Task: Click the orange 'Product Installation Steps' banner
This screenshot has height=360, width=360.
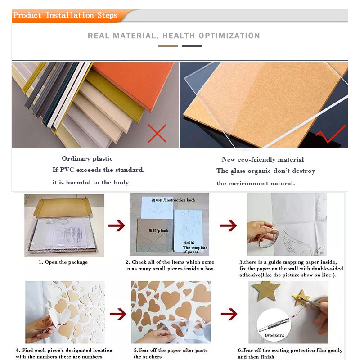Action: tap(69, 16)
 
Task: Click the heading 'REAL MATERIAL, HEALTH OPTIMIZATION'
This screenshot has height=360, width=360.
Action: tap(174, 36)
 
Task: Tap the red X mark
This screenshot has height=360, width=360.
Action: tap(157, 133)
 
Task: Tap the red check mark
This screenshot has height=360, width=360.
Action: tap(331, 134)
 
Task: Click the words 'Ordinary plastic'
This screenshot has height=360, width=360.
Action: tap(87, 159)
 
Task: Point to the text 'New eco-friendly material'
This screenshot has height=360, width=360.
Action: tap(263, 160)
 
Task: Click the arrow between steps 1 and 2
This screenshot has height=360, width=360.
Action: tap(117, 225)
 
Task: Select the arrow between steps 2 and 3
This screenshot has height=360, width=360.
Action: tap(229, 225)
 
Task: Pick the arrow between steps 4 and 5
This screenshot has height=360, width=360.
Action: tap(118, 314)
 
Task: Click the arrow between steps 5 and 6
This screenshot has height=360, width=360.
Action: tap(229, 314)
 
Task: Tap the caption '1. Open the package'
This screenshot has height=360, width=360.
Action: tap(63, 262)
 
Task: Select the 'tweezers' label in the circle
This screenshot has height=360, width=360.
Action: tap(274, 335)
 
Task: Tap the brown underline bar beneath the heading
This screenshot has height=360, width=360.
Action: tap(168, 46)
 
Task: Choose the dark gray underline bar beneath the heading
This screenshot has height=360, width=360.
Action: tap(192, 46)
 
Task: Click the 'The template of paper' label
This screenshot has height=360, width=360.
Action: tap(195, 250)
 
